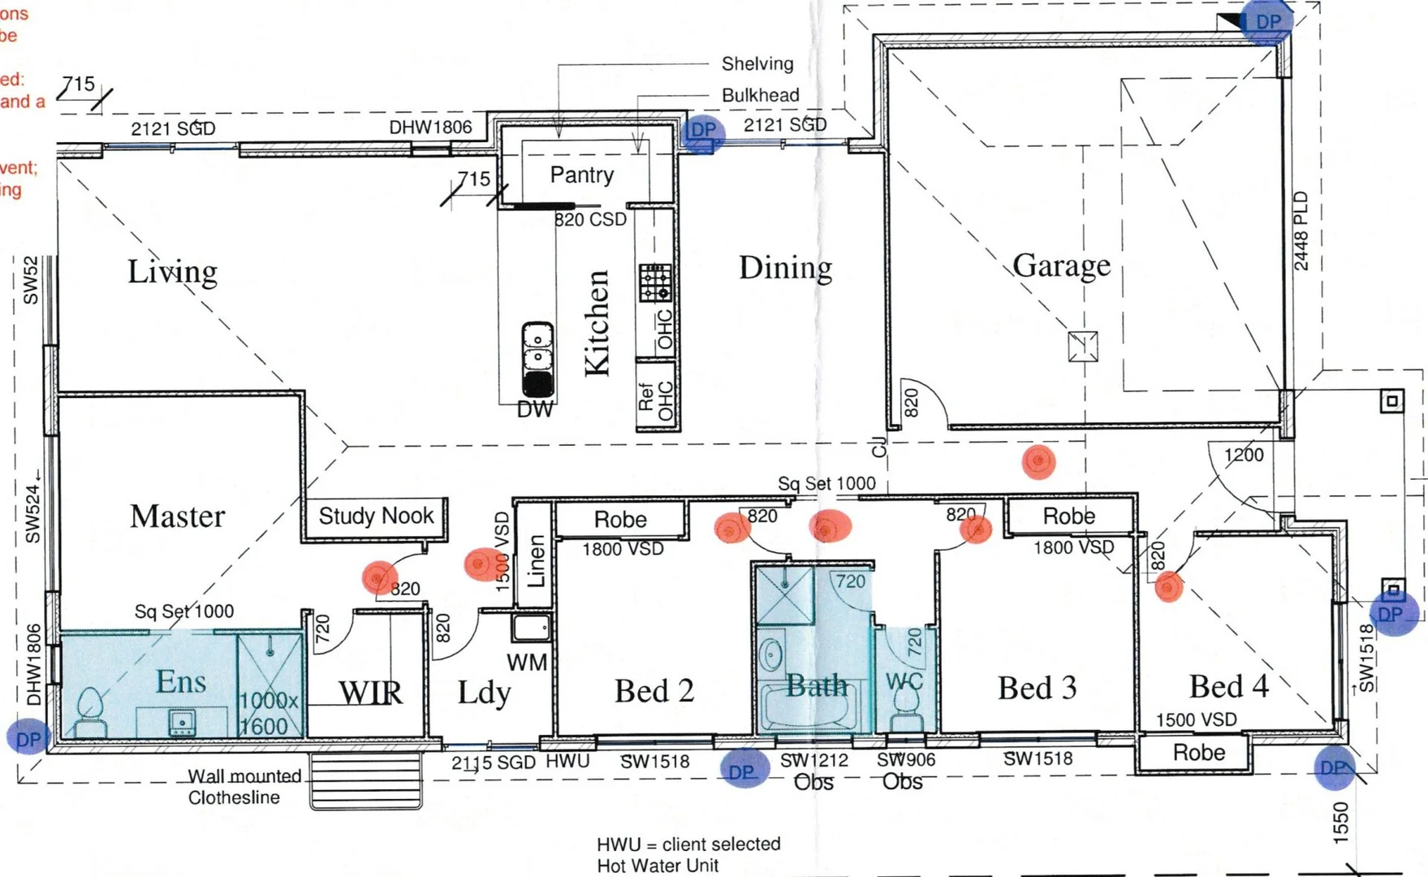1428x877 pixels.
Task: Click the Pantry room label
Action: pos(581,175)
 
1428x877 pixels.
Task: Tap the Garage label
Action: pos(1061,266)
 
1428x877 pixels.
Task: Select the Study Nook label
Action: pos(376,516)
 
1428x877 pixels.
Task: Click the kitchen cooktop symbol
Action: pos(654,283)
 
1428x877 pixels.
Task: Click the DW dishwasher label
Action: pos(535,410)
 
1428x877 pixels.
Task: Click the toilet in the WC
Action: pos(904,715)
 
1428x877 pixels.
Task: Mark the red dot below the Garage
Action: pos(1038,461)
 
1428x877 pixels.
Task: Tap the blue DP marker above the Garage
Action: pos(1267,23)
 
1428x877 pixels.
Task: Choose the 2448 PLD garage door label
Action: pos(1301,231)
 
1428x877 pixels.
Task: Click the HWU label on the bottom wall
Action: pos(567,761)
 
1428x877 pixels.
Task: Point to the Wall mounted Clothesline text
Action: pos(243,787)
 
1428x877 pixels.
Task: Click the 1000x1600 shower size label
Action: pos(268,713)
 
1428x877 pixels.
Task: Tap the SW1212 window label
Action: pos(813,761)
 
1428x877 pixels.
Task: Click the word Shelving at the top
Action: pos(757,63)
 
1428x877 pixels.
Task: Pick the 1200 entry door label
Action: pos(1243,455)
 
